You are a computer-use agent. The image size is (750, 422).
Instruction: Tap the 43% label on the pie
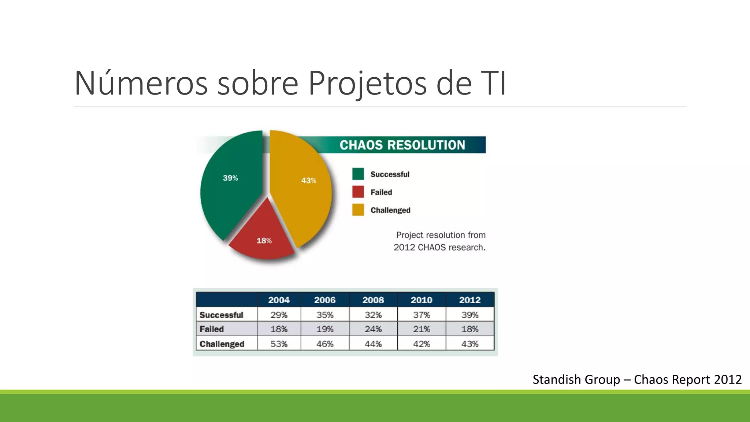click(309, 181)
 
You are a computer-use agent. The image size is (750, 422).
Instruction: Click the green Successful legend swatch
click(358, 174)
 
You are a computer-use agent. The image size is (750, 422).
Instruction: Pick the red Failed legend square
click(358, 192)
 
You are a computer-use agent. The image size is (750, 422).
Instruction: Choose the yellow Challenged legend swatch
click(358, 210)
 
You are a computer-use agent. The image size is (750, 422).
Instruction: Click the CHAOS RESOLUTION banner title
click(402, 145)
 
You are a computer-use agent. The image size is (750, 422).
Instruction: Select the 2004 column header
click(279, 300)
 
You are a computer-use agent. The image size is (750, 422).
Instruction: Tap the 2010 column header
click(422, 300)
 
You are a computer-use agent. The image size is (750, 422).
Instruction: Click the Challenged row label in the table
click(222, 344)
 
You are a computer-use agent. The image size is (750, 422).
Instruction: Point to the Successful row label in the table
click(221, 315)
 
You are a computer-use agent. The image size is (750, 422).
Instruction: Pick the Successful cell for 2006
click(325, 315)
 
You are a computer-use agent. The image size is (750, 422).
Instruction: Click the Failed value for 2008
click(373, 329)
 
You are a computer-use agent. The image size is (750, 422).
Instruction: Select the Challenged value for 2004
click(279, 344)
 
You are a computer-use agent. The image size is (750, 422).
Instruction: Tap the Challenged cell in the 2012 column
click(470, 344)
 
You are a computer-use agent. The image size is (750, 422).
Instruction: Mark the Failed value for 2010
click(422, 329)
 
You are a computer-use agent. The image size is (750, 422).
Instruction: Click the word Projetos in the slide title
click(367, 84)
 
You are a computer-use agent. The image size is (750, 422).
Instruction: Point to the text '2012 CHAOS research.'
click(439, 248)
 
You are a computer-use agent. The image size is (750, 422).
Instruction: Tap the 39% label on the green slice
click(230, 178)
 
